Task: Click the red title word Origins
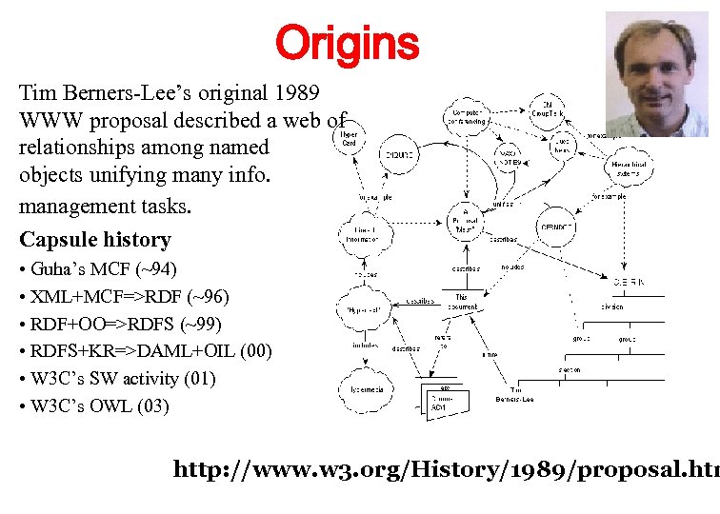point(347,43)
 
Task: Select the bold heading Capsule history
point(94,240)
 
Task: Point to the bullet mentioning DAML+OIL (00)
point(145,351)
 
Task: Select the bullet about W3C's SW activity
point(117,379)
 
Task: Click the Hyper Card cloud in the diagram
point(350,139)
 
